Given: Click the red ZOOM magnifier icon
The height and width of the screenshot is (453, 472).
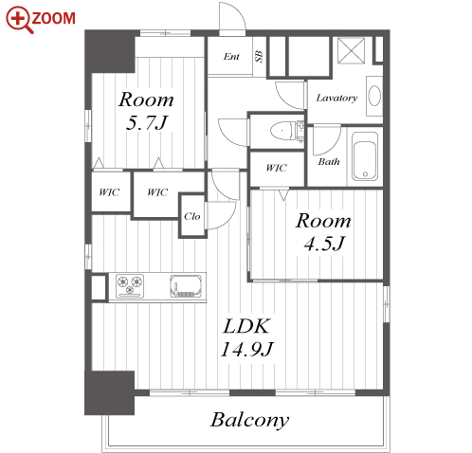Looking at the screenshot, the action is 20,20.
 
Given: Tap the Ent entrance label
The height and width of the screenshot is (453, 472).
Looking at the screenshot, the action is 231,57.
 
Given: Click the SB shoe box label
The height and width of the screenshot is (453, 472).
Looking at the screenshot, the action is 259,56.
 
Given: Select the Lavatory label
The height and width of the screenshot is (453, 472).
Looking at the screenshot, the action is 336,98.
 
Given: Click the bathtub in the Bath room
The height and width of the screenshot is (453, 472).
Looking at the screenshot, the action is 365,156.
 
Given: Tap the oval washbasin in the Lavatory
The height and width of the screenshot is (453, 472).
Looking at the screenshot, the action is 374,96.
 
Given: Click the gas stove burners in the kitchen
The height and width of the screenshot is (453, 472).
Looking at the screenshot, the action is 130,285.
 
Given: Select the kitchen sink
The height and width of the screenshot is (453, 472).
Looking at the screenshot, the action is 186,286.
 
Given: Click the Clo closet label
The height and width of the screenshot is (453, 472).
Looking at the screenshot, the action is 192,216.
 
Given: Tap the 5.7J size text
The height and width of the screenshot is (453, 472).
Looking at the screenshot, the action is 147,123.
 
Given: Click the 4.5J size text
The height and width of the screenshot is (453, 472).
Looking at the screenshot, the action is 324,244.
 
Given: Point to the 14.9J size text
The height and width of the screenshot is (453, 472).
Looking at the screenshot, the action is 247,350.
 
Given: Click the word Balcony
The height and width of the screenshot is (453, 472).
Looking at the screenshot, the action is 249,420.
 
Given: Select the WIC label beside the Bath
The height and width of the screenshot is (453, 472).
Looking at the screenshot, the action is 277,168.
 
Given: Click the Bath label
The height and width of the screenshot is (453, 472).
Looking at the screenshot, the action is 329,162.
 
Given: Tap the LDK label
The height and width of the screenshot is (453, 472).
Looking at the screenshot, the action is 246,326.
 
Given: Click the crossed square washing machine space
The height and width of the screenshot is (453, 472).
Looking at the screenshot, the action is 351,50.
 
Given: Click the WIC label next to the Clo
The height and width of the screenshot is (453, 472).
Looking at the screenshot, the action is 157,192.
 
